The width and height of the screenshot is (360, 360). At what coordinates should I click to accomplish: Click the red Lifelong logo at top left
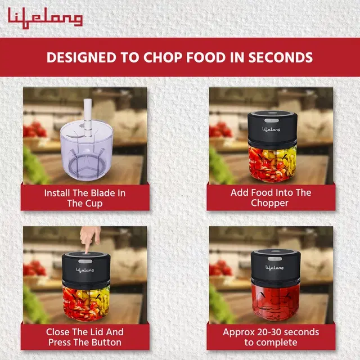point(45,18)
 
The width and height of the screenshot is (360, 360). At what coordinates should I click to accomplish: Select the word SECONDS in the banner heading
point(281,57)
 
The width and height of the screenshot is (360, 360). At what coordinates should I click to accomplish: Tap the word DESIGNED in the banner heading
point(82,57)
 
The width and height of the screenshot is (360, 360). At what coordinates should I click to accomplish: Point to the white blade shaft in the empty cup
point(88,117)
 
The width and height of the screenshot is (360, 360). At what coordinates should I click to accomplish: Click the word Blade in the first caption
point(94,193)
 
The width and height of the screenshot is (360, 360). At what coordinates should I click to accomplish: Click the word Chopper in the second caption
point(269,204)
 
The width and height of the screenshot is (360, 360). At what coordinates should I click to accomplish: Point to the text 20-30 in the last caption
point(269,332)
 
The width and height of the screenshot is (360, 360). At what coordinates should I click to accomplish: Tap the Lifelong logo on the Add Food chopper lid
point(271,129)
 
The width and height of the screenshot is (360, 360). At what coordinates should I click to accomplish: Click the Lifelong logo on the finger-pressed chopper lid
point(85,270)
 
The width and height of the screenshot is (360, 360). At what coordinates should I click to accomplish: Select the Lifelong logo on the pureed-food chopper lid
point(274,268)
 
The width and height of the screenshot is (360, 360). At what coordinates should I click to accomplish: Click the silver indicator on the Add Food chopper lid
point(272,120)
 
